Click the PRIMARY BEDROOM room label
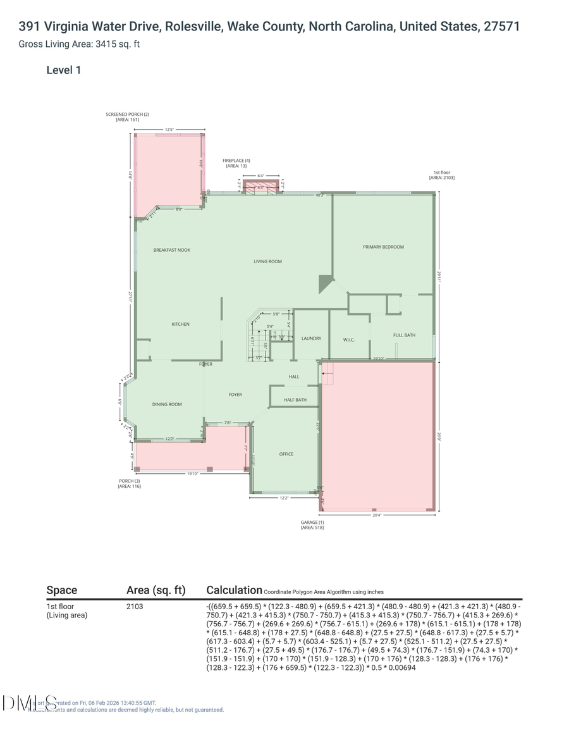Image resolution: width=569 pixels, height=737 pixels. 383,247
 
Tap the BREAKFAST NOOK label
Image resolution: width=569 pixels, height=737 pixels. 171,250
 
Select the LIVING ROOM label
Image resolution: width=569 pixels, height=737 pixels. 267,261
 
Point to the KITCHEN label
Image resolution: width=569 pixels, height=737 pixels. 180,324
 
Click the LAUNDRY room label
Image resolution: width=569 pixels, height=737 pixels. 311,338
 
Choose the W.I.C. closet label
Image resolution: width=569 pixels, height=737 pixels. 348,340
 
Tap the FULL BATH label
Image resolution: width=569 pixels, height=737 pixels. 404,335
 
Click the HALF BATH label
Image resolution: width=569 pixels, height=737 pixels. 295,400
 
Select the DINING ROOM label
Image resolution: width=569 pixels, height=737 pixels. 167,404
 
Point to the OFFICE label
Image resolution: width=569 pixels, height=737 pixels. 286,454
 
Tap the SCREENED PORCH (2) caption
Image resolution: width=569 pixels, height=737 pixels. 127,115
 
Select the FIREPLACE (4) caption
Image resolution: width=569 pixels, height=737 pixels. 236,161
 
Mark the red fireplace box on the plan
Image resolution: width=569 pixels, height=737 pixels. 260,185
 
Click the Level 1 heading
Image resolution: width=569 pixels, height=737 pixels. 63,70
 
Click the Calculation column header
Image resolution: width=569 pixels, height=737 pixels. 234,590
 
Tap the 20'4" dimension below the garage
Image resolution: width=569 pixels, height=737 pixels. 377,515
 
